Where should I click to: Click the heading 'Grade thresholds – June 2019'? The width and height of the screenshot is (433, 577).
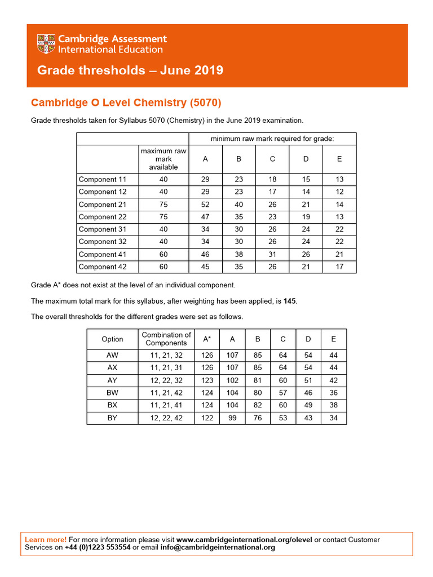(x=130, y=70)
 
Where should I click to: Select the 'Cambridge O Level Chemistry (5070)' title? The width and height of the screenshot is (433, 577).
(x=126, y=103)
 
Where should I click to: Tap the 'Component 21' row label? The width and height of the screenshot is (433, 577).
(x=102, y=205)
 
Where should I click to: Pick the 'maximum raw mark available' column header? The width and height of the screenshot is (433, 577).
(x=164, y=159)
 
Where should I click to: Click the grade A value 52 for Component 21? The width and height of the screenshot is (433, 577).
(x=205, y=205)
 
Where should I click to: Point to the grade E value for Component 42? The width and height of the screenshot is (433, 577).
(x=339, y=267)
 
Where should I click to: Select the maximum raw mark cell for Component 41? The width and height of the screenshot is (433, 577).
(x=164, y=255)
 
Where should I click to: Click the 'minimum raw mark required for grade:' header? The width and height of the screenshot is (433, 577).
(x=272, y=139)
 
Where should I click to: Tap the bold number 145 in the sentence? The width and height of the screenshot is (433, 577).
(x=289, y=301)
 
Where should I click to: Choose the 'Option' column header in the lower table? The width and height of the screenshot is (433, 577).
(x=112, y=339)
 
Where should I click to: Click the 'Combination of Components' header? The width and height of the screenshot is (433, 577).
(x=166, y=339)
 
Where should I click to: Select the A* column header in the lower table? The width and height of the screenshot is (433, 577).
(x=207, y=339)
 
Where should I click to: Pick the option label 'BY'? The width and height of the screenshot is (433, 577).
(x=112, y=418)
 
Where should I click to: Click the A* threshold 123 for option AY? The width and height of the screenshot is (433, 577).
(x=207, y=380)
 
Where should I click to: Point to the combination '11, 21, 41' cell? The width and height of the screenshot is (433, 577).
(x=166, y=405)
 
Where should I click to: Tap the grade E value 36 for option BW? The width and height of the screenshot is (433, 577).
(x=334, y=393)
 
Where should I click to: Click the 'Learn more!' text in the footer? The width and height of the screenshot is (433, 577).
(x=46, y=540)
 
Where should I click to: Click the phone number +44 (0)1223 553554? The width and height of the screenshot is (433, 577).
(x=98, y=548)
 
